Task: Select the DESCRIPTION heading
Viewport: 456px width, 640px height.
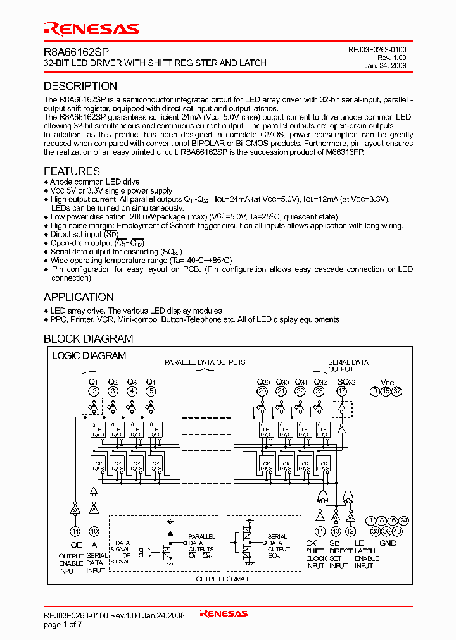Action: point(80,86)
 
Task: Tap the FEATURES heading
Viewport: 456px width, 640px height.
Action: point(72,171)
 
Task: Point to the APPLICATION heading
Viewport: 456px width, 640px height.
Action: point(79,297)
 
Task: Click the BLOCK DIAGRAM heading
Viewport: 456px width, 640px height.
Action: point(88,339)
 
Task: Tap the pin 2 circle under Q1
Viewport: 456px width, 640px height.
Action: point(93,391)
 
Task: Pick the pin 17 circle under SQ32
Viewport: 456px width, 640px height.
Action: point(343,391)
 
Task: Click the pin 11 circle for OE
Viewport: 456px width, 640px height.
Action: point(75,531)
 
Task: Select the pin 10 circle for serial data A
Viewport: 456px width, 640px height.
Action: point(94,531)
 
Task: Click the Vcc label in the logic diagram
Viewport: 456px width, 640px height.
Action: point(386,382)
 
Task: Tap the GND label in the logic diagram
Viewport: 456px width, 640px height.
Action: point(388,543)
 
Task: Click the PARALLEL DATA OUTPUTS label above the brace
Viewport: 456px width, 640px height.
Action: point(205,363)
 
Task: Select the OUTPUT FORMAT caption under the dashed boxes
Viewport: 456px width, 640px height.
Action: point(222,579)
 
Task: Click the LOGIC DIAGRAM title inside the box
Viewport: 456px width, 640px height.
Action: point(89,356)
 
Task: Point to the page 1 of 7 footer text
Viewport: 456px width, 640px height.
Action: point(63,624)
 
